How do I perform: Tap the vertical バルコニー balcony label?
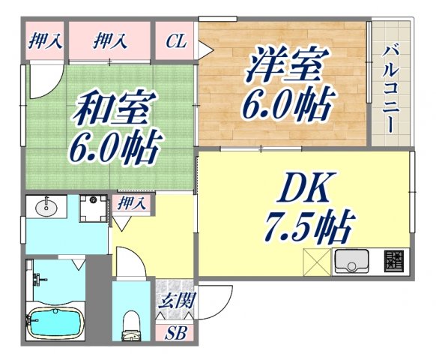pyautogui.click(x=390, y=89)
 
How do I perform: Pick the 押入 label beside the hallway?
pyautogui.click(x=133, y=203)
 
